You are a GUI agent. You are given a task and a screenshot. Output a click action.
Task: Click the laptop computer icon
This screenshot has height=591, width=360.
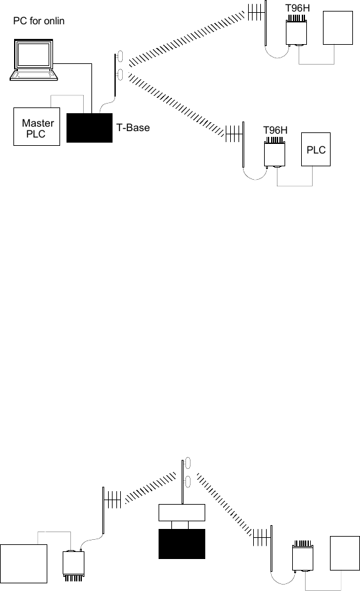point(33,59)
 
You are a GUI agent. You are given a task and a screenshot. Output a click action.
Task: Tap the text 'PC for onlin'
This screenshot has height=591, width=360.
point(39,20)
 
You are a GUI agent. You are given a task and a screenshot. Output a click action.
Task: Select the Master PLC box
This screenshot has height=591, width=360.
point(36,127)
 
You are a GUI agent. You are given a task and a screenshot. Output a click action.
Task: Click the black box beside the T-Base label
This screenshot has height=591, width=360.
point(90,128)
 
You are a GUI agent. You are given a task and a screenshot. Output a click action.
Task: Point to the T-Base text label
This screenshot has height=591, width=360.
point(133,128)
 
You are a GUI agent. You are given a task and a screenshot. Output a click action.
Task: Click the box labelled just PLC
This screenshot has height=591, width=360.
point(316,149)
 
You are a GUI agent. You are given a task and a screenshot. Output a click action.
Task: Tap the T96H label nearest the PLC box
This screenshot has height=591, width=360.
point(275,130)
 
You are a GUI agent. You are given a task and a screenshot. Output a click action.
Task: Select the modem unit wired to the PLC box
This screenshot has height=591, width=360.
point(274,152)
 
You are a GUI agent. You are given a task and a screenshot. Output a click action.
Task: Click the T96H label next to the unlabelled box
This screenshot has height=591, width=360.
point(297,8)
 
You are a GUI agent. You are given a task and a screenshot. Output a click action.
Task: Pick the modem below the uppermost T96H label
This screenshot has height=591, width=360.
point(296,30)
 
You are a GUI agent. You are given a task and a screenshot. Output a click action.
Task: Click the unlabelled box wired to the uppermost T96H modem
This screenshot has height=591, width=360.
point(338,28)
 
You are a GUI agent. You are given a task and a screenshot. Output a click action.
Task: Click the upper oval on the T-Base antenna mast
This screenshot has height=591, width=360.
point(120,56)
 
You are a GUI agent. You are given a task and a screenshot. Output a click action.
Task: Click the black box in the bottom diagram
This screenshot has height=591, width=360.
point(182,544)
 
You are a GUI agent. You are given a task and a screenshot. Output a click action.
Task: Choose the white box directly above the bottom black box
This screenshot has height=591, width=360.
point(182,512)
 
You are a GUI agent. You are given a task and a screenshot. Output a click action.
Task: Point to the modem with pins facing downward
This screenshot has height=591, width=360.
point(73,566)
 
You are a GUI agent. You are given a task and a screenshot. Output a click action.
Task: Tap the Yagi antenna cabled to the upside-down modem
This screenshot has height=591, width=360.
point(112,510)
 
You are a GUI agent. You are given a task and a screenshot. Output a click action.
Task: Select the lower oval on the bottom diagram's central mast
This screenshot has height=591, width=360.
point(188,482)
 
